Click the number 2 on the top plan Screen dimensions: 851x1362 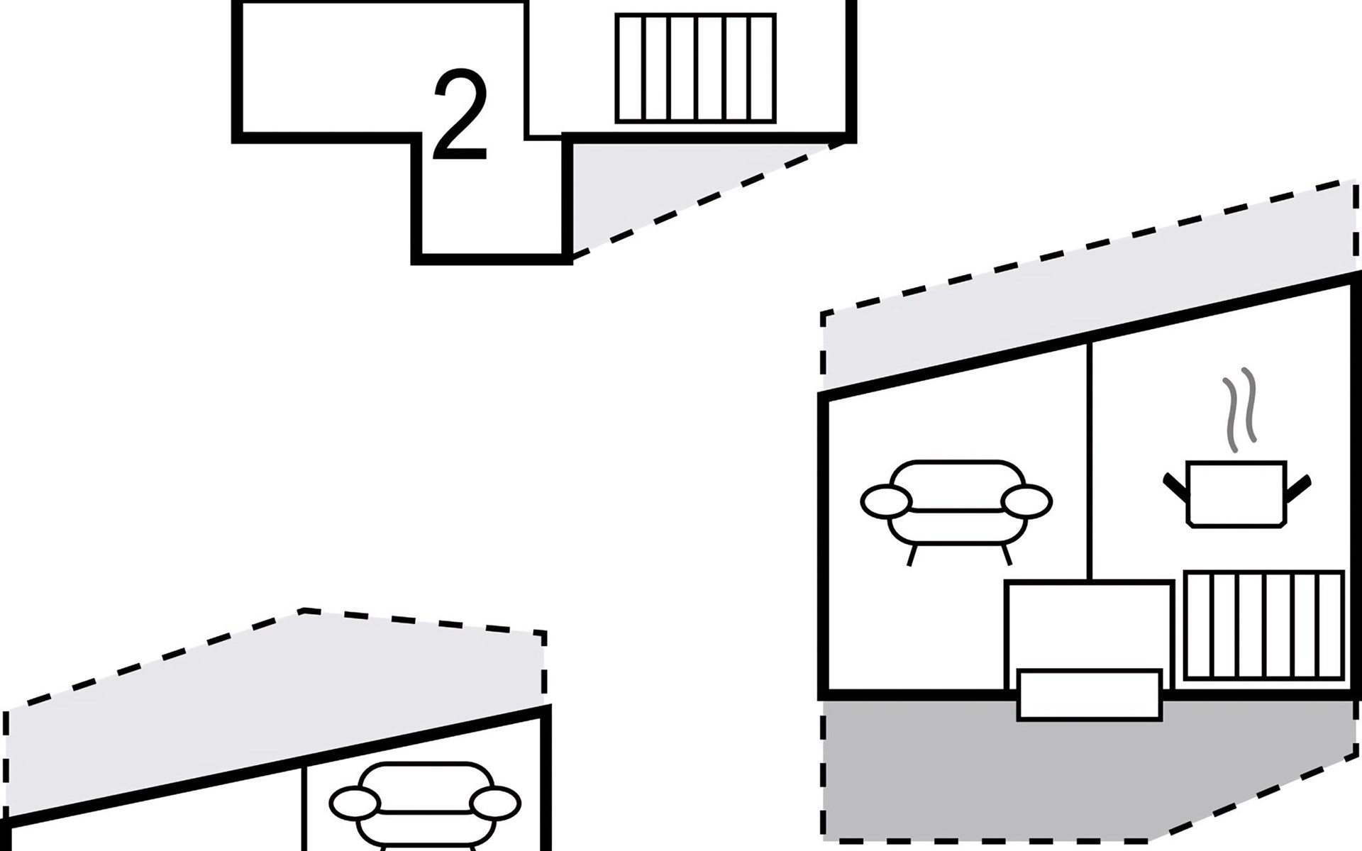460,115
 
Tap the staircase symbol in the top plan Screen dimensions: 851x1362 695,68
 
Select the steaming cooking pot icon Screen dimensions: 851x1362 1236,494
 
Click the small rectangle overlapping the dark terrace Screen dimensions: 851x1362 1089,694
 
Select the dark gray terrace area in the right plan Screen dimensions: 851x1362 922,773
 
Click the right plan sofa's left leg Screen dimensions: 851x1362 912,553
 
